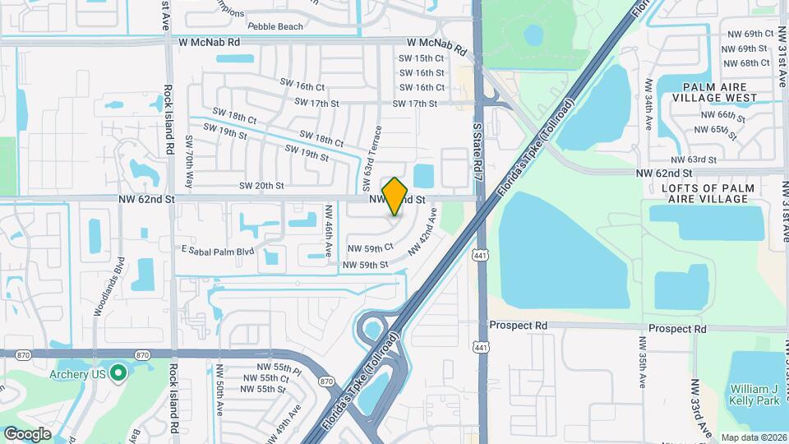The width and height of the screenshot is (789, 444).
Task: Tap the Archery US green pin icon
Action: [118, 374]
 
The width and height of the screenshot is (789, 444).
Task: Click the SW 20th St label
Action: [261, 186]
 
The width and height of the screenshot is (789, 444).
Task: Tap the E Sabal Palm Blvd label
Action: [215, 247]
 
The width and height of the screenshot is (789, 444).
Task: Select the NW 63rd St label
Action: [694, 159]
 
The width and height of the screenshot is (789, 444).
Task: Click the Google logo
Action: [28, 433]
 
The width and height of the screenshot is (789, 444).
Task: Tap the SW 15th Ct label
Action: [422, 58]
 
